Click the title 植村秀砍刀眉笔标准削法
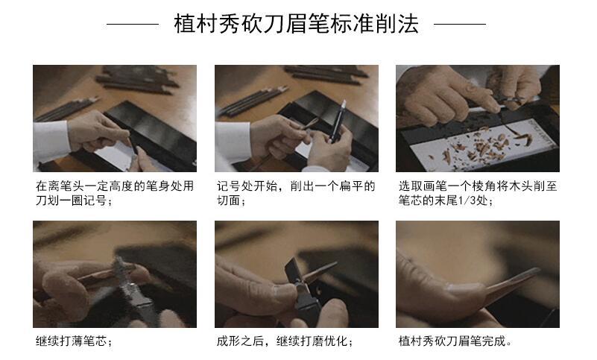click(296, 24)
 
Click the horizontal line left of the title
click(133, 25)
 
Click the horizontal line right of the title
click(460, 25)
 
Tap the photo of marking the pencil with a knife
click(115, 119)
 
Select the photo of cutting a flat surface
click(296, 119)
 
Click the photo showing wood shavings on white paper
click(477, 119)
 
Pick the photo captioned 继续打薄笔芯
click(115, 274)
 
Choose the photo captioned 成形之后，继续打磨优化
click(296, 274)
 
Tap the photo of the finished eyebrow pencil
click(477, 274)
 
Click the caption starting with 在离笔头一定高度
click(115, 193)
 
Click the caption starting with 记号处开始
click(296, 193)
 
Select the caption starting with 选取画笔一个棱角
click(477, 193)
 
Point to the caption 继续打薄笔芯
click(74, 342)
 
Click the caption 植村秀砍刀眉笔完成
click(455, 342)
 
